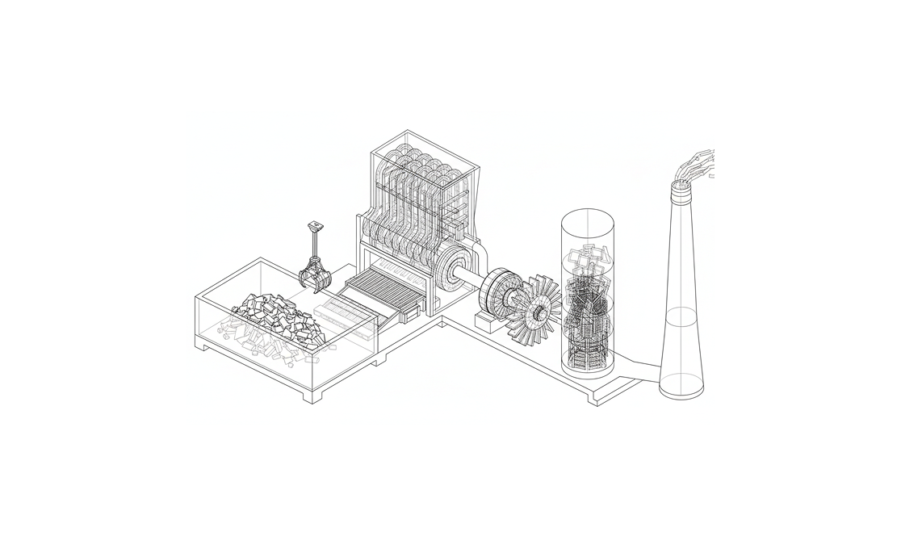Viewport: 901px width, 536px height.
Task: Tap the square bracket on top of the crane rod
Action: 315,227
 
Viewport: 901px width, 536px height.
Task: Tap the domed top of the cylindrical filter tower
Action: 588,217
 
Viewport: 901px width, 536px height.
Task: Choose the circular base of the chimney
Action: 681,391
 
